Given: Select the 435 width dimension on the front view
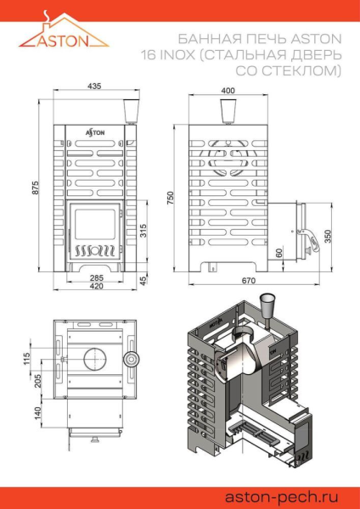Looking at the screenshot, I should (95, 87).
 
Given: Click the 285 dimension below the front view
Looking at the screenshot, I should (96, 277).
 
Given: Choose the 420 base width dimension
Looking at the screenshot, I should (96, 286).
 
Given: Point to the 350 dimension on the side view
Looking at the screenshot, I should (328, 237).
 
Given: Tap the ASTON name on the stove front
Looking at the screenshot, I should (94, 131).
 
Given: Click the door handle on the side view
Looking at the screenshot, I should (313, 239).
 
